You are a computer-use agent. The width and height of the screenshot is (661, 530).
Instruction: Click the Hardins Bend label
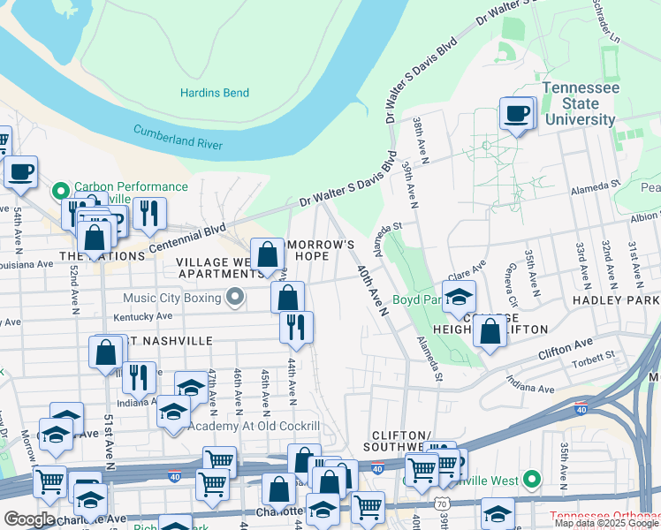[215, 93]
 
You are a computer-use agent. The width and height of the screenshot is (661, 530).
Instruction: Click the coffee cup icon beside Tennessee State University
[517, 114]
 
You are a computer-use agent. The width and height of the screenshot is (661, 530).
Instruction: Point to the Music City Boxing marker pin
[234, 298]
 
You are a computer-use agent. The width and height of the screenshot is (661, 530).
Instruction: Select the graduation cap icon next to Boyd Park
[459, 298]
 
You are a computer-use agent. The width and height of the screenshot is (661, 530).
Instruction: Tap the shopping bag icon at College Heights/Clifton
[490, 332]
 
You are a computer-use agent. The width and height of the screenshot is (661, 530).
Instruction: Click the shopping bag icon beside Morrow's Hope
[268, 255]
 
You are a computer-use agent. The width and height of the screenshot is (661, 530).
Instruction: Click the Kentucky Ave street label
[142, 316]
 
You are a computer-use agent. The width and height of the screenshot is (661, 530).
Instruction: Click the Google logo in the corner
[29, 519]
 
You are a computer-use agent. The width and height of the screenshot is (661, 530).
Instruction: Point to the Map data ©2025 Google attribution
[605, 524]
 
